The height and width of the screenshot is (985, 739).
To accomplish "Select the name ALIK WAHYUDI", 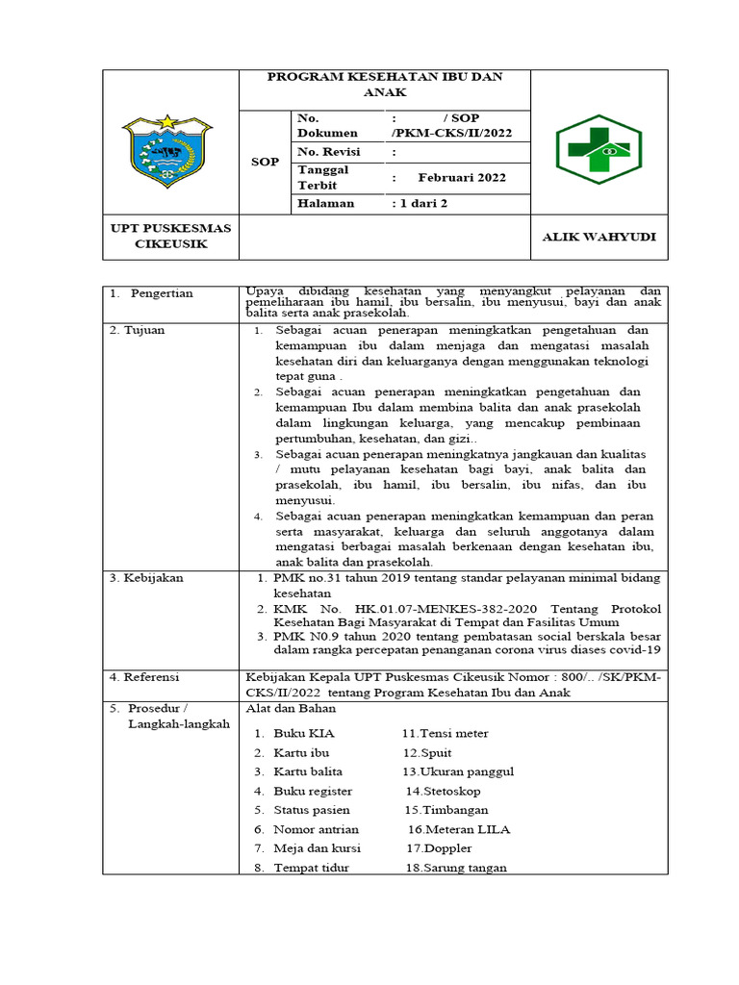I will (x=599, y=237).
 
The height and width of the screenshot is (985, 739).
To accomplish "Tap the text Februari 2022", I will (x=462, y=178).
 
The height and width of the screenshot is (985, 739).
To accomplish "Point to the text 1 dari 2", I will (x=420, y=204).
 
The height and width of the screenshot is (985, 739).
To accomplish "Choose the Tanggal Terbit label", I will (x=323, y=177).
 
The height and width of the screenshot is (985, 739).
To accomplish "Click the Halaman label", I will (x=326, y=204).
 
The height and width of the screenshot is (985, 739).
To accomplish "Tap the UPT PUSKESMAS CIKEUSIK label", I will (x=170, y=237).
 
